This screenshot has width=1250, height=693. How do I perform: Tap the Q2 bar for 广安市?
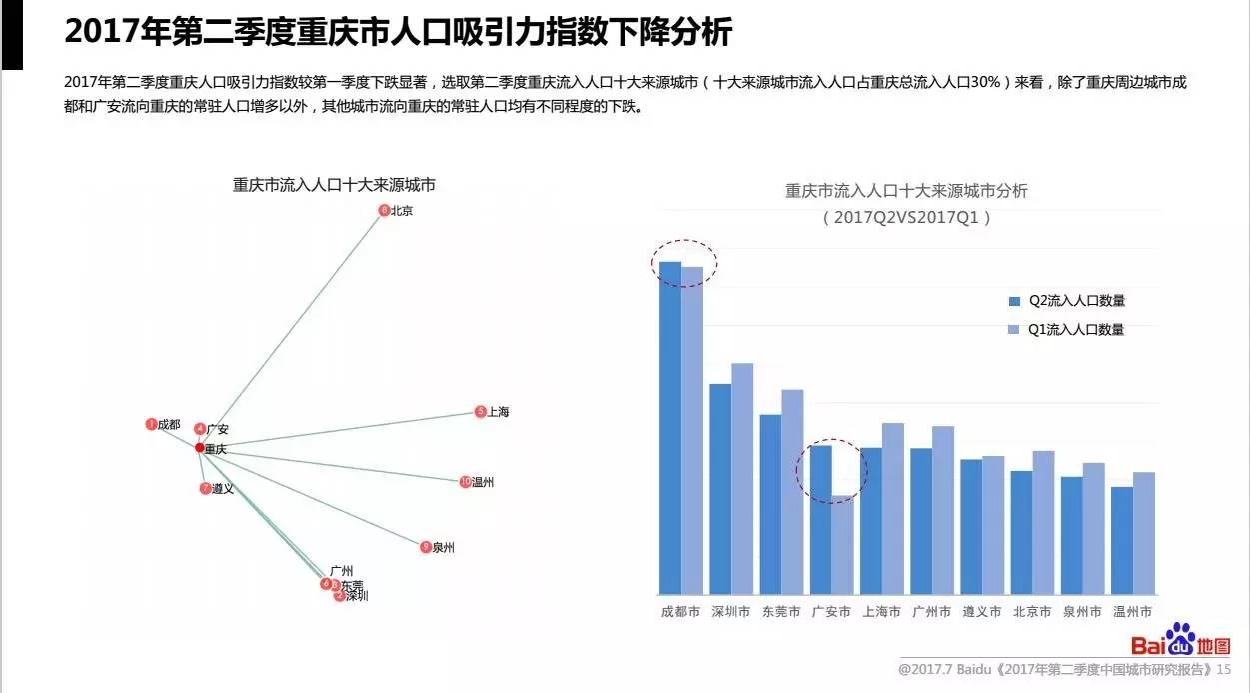[820, 519]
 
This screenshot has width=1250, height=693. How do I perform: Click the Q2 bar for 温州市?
[1122, 540]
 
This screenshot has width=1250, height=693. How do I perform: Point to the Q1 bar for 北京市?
[1043, 522]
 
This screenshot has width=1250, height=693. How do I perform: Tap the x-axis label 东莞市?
[781, 612]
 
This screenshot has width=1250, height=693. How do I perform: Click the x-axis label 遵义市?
[981, 612]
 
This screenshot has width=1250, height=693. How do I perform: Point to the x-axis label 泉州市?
[1082, 612]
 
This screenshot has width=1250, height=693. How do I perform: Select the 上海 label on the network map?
[498, 411]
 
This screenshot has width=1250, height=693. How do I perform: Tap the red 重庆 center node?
[200, 447]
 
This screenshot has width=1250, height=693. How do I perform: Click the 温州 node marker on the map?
[465, 482]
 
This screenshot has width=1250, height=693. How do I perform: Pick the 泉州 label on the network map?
[443, 547]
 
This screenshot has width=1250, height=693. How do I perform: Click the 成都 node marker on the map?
[151, 424]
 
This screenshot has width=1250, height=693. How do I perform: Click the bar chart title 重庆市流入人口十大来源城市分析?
[906, 190]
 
